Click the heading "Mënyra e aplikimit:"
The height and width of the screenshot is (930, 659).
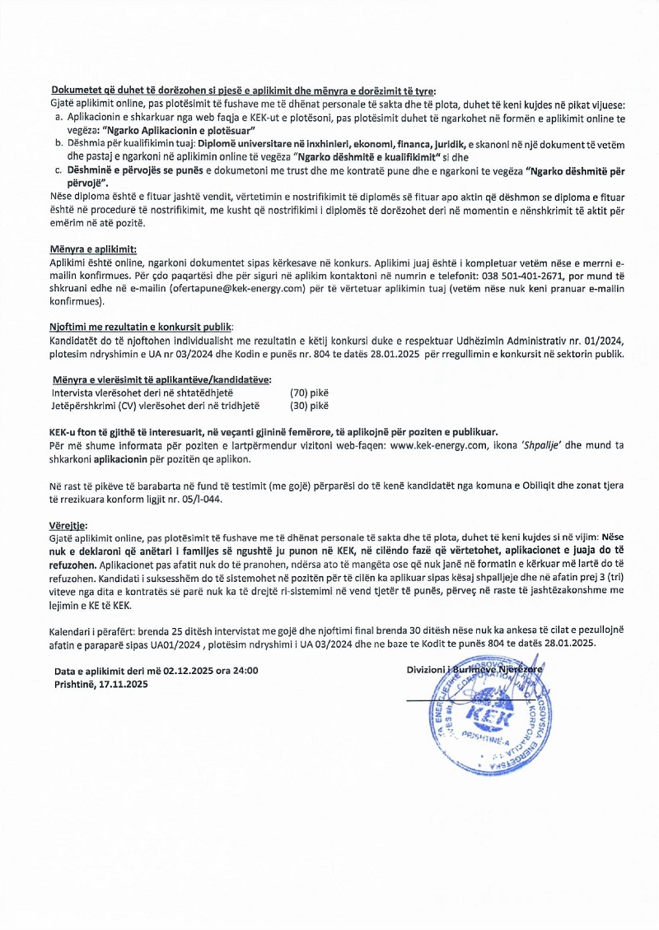(x=93, y=249)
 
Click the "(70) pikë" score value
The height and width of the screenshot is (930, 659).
(x=309, y=393)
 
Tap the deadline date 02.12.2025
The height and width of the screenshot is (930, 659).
(x=190, y=671)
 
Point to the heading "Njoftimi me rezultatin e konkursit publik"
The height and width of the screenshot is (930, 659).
(x=141, y=327)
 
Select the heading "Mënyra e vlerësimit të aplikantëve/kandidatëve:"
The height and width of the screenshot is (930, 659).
(x=161, y=379)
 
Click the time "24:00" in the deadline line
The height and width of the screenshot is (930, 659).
(x=245, y=671)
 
